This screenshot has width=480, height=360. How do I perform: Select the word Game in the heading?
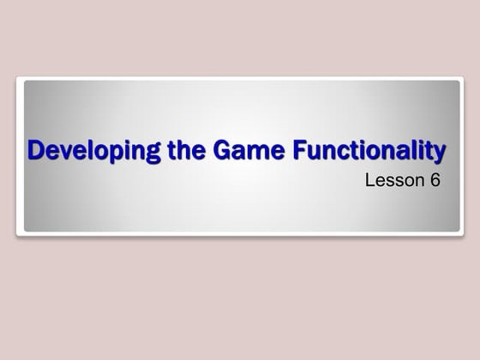229,152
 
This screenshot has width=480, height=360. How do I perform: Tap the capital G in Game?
207,152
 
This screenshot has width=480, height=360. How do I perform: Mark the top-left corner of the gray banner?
25,81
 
